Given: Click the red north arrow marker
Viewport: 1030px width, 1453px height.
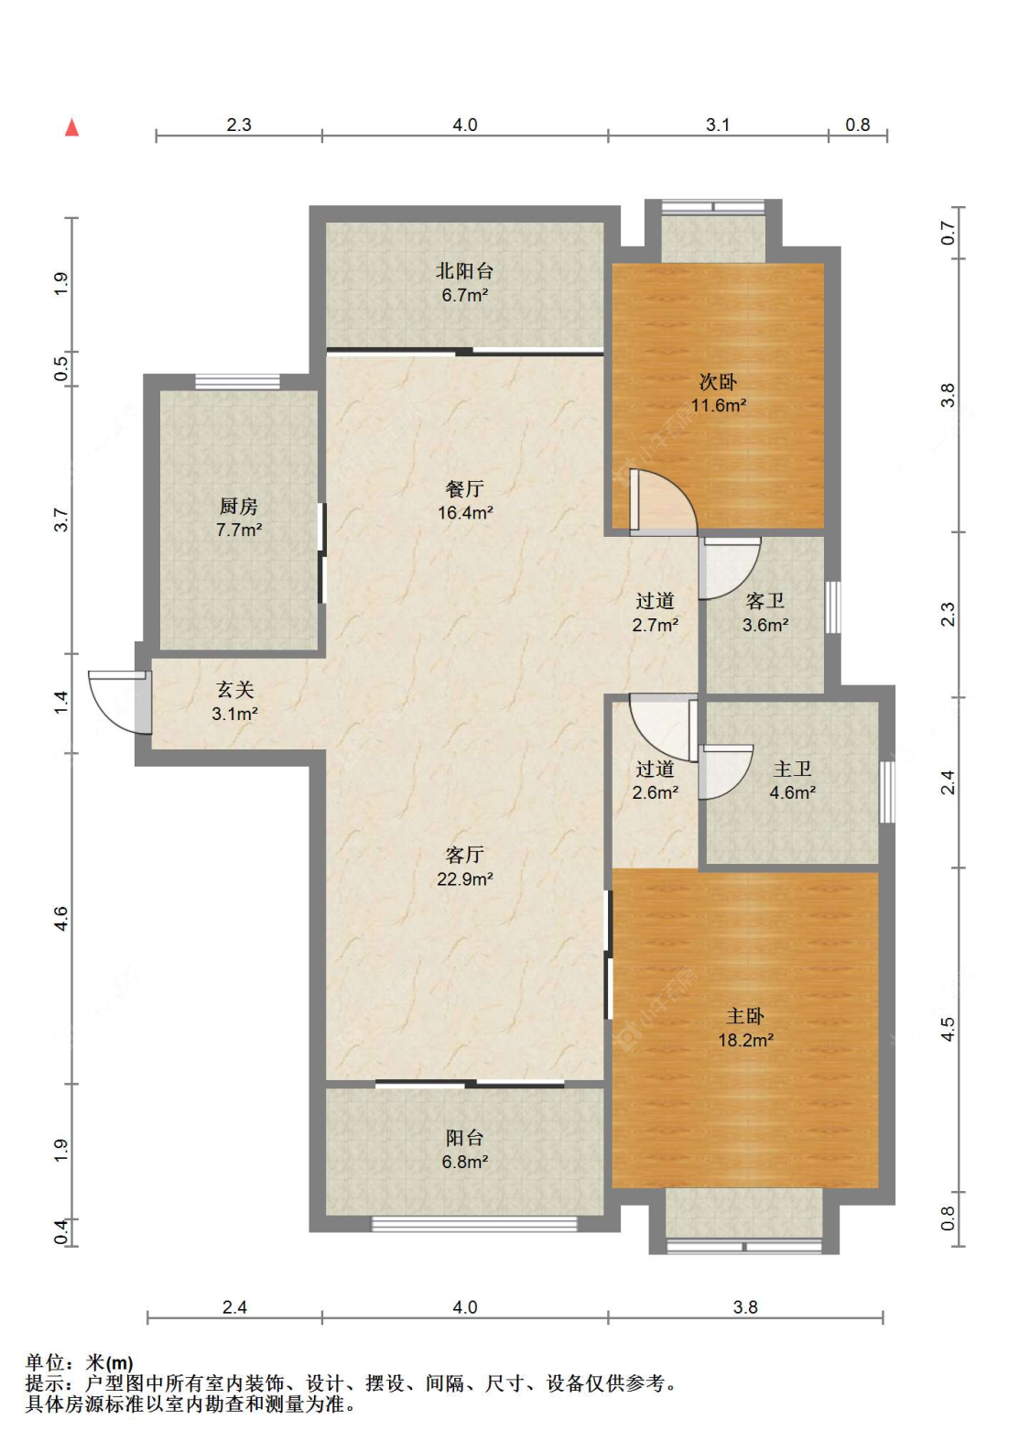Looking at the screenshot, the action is (72, 127).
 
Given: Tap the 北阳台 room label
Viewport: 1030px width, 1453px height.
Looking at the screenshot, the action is (464, 270).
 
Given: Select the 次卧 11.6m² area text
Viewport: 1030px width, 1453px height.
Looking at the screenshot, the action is (718, 406).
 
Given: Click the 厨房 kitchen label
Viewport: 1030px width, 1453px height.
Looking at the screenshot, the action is (239, 506).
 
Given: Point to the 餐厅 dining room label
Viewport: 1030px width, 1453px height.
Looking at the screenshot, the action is (465, 488).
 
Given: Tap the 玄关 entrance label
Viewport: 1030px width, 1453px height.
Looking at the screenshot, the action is (234, 690).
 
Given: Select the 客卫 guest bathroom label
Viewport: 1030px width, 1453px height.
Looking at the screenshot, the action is (764, 601).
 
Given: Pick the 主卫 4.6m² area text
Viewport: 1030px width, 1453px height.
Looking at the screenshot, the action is (792, 792).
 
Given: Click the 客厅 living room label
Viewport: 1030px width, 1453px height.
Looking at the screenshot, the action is (465, 855).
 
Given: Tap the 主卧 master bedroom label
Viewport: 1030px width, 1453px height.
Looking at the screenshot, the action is (745, 1016).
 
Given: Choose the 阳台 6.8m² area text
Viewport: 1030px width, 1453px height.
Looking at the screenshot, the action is (465, 1162).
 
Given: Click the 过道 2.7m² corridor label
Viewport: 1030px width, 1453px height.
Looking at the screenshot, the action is (656, 613).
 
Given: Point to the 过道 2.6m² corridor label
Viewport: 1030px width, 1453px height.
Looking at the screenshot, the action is (656, 781).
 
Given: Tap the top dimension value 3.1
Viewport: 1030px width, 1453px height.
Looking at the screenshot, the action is (718, 125).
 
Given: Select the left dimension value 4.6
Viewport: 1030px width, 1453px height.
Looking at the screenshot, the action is (61, 919).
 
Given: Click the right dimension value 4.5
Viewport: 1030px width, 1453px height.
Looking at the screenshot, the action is (948, 1029).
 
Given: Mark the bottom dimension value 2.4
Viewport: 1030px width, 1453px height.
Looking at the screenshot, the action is (234, 1307).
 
